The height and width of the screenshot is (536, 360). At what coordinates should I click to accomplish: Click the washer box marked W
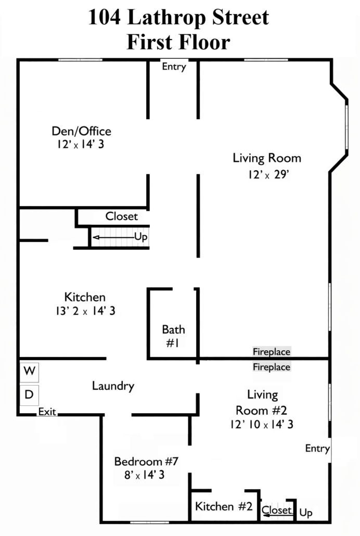coord(29,372)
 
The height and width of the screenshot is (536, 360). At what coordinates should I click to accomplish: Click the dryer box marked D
coord(29,395)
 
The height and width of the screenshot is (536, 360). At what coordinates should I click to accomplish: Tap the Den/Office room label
coord(81,131)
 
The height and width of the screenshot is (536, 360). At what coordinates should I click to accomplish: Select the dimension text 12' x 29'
coord(268,175)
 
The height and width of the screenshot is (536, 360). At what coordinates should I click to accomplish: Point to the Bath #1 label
coord(173,336)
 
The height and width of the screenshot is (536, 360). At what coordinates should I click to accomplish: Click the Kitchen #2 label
coord(224,506)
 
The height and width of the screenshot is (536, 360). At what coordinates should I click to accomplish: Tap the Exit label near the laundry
coord(47,412)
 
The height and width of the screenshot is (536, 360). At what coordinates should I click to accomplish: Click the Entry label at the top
coord(174,66)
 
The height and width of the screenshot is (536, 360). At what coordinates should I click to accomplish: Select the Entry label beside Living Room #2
coord(317,448)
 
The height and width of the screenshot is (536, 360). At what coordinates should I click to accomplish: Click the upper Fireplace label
coord(272,352)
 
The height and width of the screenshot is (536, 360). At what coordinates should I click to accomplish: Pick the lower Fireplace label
coord(272,367)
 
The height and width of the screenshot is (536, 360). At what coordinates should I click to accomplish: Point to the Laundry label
coord(113,386)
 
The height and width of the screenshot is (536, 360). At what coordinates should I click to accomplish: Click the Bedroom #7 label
coord(146,462)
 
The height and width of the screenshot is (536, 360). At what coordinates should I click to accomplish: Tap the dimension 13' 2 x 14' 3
coord(85,311)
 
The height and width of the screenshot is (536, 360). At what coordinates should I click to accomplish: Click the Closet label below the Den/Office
coord(121,216)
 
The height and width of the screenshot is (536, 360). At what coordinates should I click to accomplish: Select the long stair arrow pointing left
coord(113,237)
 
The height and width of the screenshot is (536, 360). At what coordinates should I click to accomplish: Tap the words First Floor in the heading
coord(178,42)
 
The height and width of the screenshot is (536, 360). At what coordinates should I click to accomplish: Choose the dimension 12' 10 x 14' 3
coord(262,425)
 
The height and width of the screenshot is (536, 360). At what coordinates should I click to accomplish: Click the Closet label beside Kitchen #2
coord(276,510)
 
